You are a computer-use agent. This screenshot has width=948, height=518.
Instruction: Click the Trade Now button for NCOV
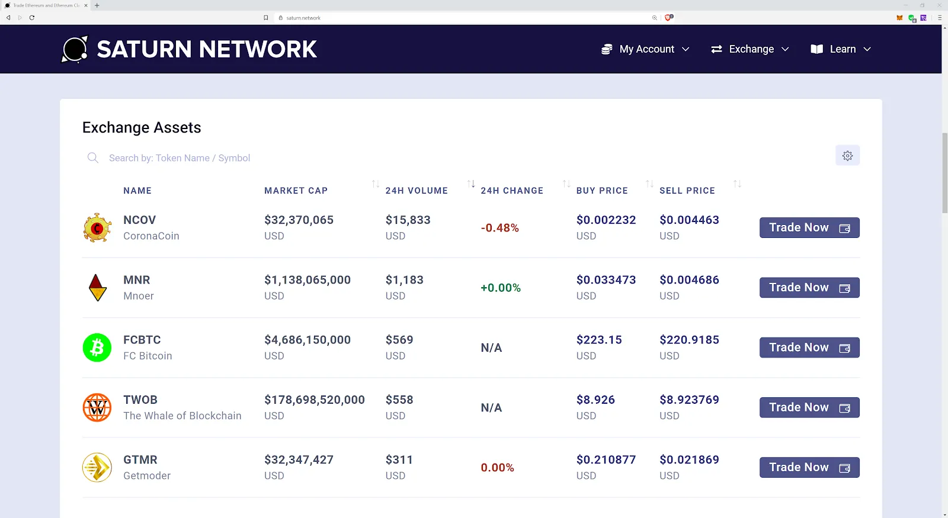(x=809, y=228)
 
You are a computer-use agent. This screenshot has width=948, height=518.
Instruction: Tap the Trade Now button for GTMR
(x=809, y=468)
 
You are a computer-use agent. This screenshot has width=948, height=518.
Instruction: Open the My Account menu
(x=645, y=49)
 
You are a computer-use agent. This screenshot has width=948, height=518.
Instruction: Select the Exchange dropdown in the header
(x=750, y=49)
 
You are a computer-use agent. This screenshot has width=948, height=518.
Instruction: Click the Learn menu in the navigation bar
(x=841, y=49)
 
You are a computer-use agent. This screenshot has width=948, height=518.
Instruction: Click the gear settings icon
(x=847, y=156)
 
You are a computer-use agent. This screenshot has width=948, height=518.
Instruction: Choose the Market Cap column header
(x=296, y=191)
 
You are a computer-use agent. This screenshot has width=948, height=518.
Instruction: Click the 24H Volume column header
(x=417, y=191)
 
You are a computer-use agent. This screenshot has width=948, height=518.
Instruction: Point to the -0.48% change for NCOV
(x=499, y=228)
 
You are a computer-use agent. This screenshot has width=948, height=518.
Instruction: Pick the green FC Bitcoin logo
(x=97, y=348)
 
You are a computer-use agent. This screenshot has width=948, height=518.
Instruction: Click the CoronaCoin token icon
(x=98, y=228)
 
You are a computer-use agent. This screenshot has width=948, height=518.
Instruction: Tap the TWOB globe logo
(x=97, y=407)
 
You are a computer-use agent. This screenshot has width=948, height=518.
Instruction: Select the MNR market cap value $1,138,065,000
(x=307, y=280)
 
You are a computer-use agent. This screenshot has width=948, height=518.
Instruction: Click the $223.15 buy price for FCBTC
(x=599, y=340)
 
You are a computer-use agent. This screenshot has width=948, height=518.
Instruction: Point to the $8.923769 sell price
(x=689, y=400)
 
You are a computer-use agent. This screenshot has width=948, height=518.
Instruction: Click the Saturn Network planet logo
(x=75, y=49)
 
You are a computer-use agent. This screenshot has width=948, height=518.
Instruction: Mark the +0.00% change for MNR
(x=501, y=288)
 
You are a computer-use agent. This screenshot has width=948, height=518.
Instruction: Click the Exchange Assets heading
(x=142, y=127)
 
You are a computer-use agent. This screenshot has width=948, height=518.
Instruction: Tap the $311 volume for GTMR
(x=399, y=460)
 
